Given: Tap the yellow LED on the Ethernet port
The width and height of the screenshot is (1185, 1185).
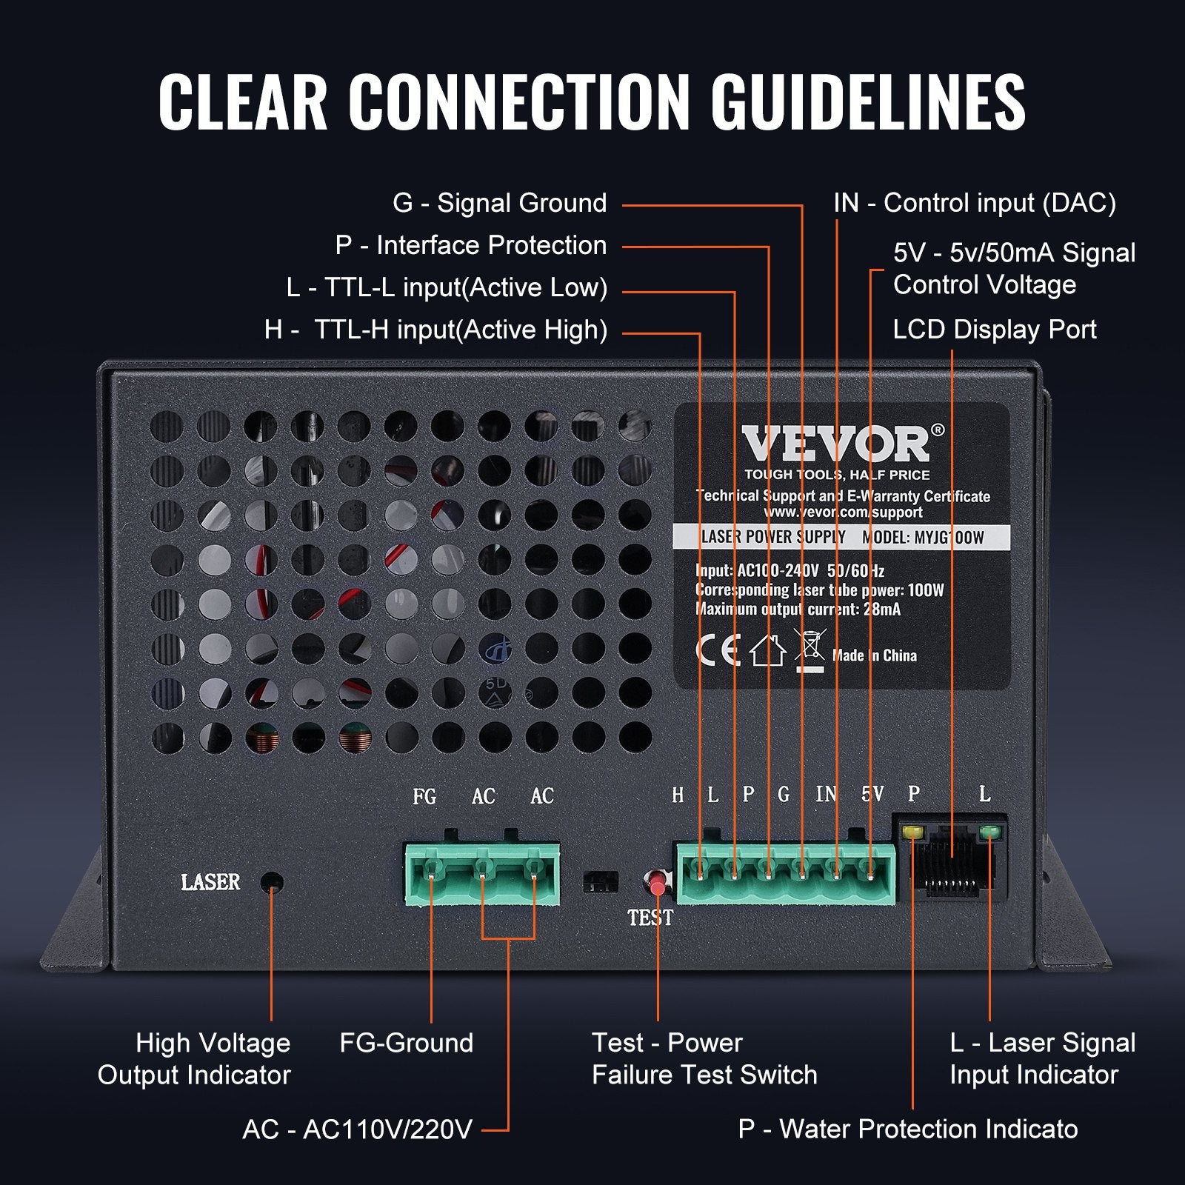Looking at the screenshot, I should click(x=913, y=832).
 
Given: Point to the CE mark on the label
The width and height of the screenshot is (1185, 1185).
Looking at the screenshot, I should click(x=718, y=650).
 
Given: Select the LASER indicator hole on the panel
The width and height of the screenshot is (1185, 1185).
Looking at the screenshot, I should click(x=273, y=882).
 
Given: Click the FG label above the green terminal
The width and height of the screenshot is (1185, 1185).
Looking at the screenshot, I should click(x=424, y=796).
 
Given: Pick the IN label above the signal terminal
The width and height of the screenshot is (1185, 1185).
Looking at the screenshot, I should click(x=826, y=795).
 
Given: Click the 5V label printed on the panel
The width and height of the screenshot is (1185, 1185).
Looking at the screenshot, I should click(x=872, y=795).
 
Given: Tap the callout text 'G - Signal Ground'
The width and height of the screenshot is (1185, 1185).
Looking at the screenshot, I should click(x=499, y=203).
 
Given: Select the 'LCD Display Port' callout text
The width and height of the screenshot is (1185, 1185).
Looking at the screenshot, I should click(x=994, y=330).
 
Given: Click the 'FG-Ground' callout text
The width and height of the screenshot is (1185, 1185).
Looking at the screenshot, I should click(x=406, y=1043).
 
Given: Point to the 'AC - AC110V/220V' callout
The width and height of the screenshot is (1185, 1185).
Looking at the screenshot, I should click(x=357, y=1129).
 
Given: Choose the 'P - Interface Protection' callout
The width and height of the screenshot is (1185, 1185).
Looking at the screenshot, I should click(x=470, y=245).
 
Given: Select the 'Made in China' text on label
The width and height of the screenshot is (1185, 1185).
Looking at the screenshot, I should click(x=874, y=655).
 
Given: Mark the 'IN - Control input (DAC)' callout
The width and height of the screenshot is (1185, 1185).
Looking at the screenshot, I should click(x=974, y=203).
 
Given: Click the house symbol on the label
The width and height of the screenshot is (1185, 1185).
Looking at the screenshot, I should click(x=767, y=651).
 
